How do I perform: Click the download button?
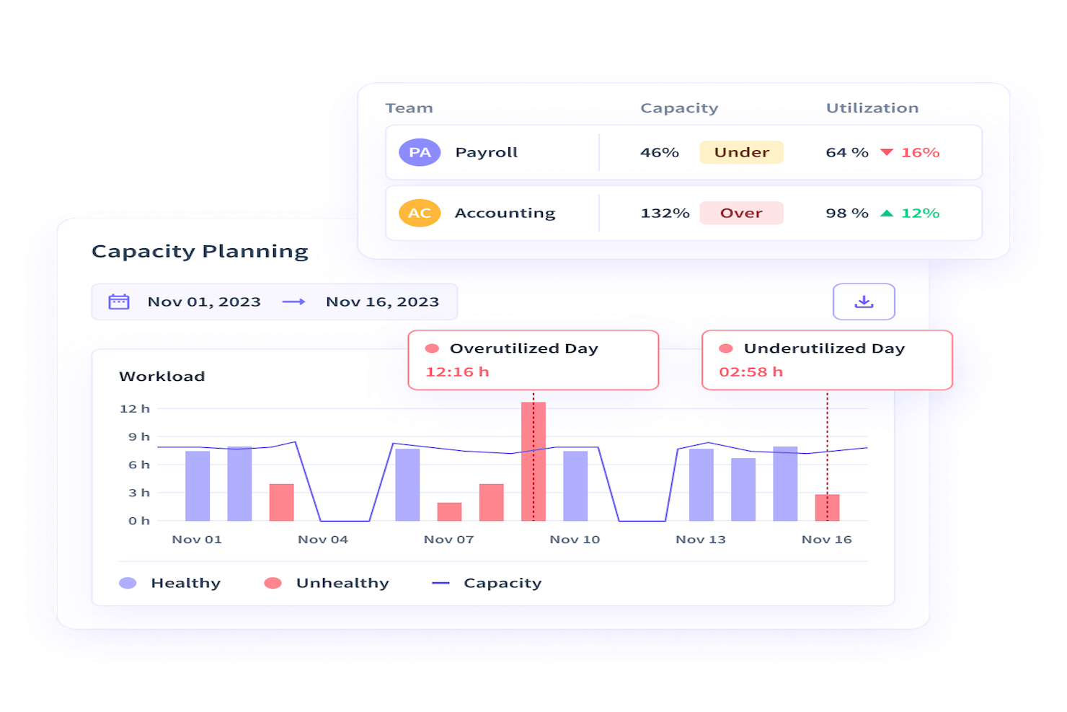pyautogui.click(x=864, y=302)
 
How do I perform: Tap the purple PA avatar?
pyautogui.click(x=420, y=152)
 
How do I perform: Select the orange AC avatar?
pyautogui.click(x=420, y=213)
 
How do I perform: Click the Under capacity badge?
pyautogui.click(x=741, y=152)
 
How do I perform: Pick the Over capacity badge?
pyautogui.click(x=741, y=213)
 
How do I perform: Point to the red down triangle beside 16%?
pyautogui.click(x=887, y=152)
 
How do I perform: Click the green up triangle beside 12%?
pyautogui.click(x=887, y=213)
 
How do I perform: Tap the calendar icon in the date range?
pyautogui.click(x=119, y=302)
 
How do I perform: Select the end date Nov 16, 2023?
pyautogui.click(x=382, y=302)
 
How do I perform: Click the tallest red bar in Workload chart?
pyautogui.click(x=533, y=462)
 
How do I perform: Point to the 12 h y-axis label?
pyautogui.click(x=135, y=409)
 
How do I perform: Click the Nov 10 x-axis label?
pyautogui.click(x=575, y=540)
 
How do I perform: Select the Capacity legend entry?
pyautogui.click(x=487, y=583)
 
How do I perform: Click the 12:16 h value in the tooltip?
pyautogui.click(x=457, y=372)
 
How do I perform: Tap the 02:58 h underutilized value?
pyautogui.click(x=751, y=372)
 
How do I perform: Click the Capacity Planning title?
pyautogui.click(x=200, y=251)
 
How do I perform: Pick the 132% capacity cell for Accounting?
pyautogui.click(x=665, y=213)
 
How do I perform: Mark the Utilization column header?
pyautogui.click(x=872, y=108)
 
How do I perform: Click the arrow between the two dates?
pyautogui.click(x=293, y=302)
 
